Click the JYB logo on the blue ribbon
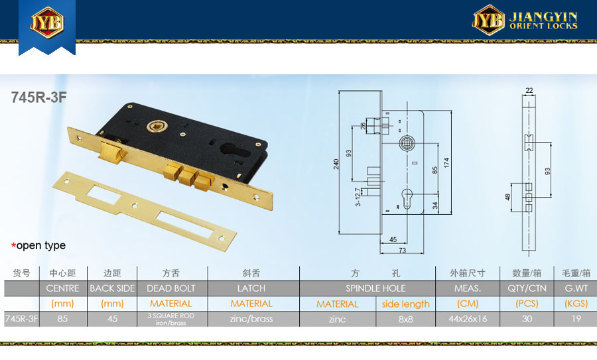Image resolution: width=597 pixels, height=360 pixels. point(47,22)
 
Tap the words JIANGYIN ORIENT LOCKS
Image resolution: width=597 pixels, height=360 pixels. point(543,21)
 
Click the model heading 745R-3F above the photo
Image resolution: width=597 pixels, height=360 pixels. point(39,97)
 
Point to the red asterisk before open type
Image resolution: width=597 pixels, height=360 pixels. point(14,245)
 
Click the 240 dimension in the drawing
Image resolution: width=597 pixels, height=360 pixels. point(336,164)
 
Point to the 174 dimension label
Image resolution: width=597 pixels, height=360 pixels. point(446,162)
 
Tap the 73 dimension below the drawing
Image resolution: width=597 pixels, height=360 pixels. point(402,251)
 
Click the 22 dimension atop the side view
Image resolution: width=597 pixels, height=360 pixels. point(529,90)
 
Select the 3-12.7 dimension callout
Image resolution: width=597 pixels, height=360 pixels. point(358,197)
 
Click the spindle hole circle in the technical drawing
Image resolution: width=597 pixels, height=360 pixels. point(406,143)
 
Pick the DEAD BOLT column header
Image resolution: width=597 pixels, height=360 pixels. point(171,288)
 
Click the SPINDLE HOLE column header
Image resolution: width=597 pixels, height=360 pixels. point(375,288)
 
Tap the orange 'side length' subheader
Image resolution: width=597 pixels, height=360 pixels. point(405,304)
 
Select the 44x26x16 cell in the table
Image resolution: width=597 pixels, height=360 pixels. point(468,319)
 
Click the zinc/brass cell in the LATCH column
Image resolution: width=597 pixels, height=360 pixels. point(251,319)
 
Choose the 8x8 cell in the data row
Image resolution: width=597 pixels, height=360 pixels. point(405,320)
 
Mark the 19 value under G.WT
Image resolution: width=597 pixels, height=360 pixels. point(576,319)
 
